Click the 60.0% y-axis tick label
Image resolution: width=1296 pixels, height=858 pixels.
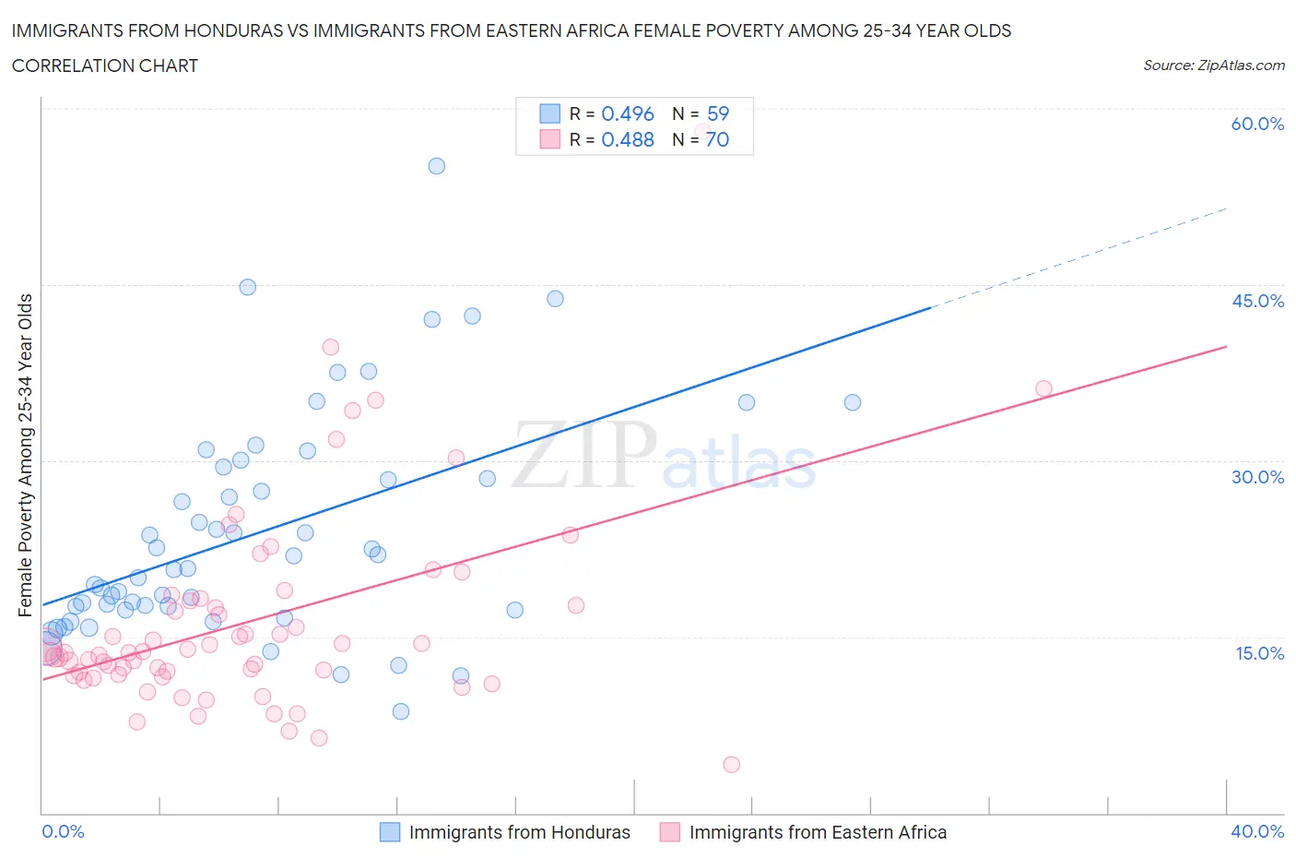tap(1257, 124)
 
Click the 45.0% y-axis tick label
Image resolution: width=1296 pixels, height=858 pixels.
tap(1257, 301)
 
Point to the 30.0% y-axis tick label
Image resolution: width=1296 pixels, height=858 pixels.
tap(1257, 477)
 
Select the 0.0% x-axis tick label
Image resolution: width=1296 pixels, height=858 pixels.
tap(63, 831)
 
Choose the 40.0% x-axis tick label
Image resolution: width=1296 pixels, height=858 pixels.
tap(1257, 831)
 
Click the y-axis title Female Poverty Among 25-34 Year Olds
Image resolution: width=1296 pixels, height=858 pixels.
tap(26, 455)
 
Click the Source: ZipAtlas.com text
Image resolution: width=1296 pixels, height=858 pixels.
tap(1213, 66)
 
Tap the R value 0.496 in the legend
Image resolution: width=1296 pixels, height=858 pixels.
tap(627, 113)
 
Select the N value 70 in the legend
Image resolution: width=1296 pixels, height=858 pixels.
tap(717, 139)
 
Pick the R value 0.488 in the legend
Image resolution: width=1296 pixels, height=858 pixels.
tap(627, 139)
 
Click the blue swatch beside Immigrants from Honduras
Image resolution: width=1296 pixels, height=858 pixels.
tap(390, 832)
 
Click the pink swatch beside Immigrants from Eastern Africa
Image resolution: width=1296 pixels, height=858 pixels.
tap(670, 832)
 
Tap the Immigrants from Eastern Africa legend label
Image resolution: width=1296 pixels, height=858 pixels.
tap(818, 832)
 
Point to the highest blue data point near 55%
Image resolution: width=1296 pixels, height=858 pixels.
tap(437, 166)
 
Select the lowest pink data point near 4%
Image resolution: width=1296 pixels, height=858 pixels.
tap(732, 764)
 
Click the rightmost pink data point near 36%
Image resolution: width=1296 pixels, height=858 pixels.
tap(1043, 388)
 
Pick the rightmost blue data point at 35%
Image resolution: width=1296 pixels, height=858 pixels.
tap(853, 402)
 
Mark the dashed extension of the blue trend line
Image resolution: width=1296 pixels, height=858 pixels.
tap(1078, 257)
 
